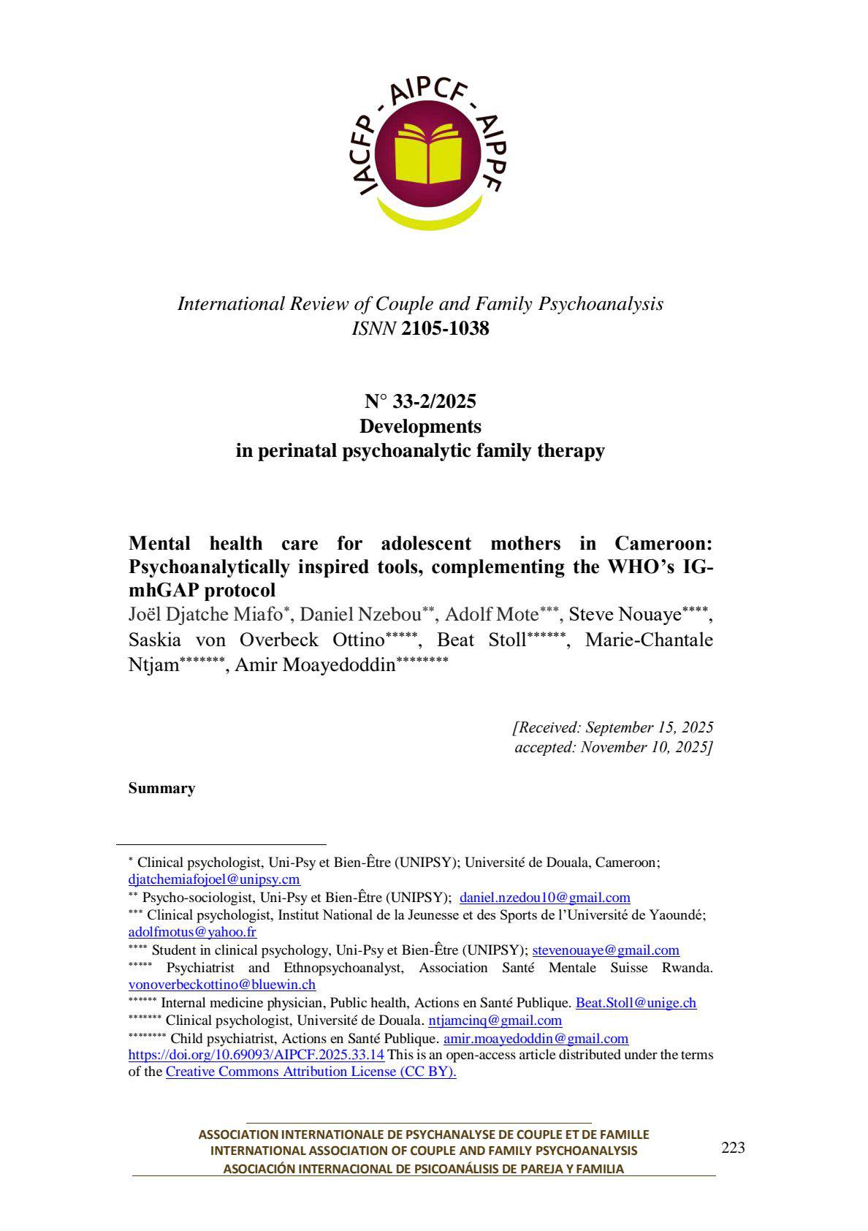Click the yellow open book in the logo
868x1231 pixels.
[429, 154]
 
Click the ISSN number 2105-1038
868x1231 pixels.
[445, 329]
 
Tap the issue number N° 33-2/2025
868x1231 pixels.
[420, 401]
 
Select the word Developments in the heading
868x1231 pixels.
[420, 425]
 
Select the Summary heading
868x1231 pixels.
[161, 788]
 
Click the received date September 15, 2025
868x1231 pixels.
[650, 727]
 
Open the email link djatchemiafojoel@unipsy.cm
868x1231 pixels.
[214, 879]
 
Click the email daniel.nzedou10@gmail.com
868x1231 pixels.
[544, 897]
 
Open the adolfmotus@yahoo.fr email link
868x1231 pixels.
[192, 932]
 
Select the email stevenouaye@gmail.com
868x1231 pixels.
[606, 950]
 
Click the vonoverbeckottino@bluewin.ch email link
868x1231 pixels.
[222, 985]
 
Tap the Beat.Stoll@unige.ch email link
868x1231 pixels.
[636, 1003]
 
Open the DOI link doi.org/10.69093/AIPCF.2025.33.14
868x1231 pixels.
[256, 1055]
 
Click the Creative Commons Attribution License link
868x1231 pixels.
[311, 1072]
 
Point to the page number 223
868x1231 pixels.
[733, 1148]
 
